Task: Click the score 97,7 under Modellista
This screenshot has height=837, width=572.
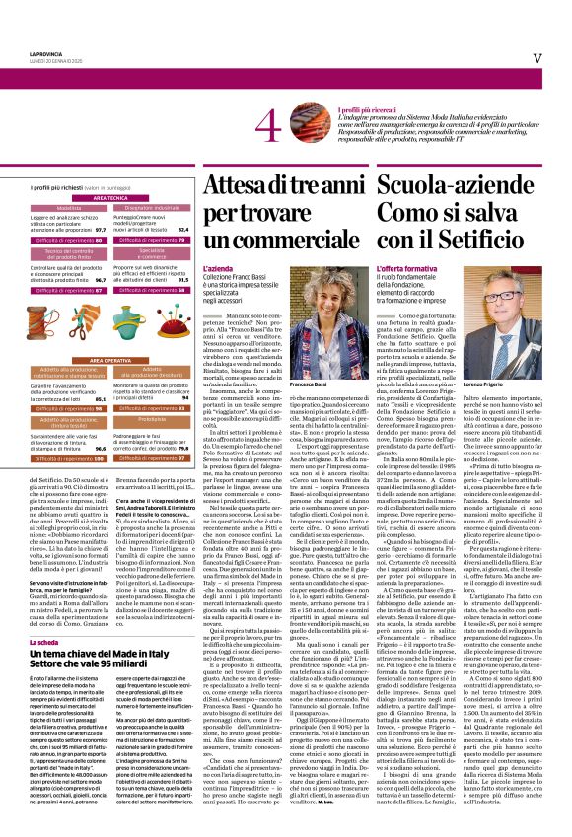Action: tap(100, 228)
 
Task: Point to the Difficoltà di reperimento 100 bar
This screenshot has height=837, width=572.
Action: tap(69, 458)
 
